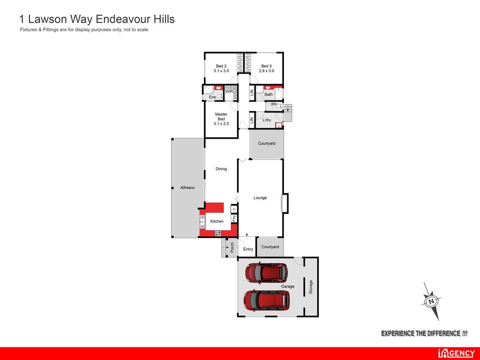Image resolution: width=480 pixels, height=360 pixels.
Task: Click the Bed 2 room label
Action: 221,66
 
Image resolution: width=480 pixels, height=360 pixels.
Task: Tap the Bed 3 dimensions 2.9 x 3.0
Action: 266,71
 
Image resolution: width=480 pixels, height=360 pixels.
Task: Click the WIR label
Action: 229,91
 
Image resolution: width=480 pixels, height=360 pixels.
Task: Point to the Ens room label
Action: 212,97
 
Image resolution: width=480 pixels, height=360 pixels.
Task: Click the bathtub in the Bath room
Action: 279,94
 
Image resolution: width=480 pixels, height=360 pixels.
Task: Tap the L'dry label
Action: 266,120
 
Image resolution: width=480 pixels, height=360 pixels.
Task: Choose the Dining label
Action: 221,169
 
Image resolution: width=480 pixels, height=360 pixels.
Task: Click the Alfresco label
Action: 188,188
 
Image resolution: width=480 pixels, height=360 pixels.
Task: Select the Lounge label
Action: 260,198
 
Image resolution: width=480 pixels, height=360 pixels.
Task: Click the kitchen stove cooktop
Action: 218,233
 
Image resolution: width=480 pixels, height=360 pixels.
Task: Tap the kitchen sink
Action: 202,222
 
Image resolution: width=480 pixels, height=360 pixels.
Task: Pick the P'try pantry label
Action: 234,218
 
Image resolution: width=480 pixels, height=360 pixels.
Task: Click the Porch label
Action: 232,247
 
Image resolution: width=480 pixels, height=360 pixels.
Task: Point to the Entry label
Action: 248,249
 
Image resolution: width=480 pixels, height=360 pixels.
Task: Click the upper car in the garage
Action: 266,273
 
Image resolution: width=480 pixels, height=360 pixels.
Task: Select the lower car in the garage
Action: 267,301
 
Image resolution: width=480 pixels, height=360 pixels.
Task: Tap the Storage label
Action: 311,287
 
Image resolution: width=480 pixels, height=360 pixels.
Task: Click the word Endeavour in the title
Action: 123,19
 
